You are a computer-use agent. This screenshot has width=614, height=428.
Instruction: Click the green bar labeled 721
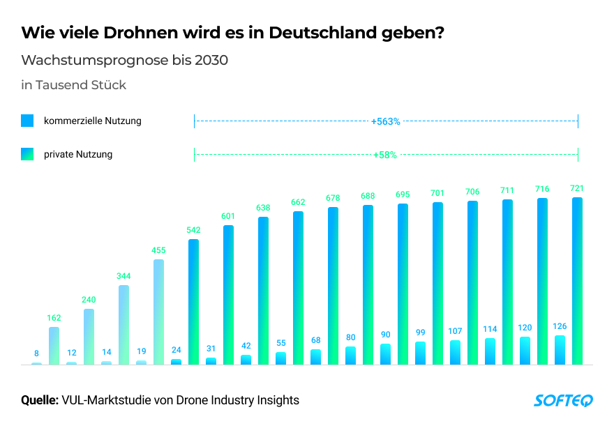[x=577, y=280]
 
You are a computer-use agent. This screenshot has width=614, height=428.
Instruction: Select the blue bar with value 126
[x=560, y=350]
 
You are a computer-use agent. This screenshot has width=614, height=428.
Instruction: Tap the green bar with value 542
[x=193, y=301]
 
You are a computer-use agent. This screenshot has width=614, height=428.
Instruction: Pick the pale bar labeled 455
[x=158, y=312]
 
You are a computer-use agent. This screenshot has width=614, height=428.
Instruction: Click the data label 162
[x=54, y=318]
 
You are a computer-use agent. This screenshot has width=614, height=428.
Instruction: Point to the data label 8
[x=36, y=354]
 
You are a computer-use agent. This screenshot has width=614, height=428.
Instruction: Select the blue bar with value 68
[x=315, y=357]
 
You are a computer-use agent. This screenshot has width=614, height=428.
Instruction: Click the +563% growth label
[x=386, y=121]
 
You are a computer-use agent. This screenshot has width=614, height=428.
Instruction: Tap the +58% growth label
[x=385, y=155]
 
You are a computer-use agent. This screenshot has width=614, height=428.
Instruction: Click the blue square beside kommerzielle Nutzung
[x=27, y=121]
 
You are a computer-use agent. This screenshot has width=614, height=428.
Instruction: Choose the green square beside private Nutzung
[x=27, y=154]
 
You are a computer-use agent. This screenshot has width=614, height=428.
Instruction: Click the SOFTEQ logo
[x=563, y=400]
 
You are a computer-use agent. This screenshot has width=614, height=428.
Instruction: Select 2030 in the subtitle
[x=212, y=60]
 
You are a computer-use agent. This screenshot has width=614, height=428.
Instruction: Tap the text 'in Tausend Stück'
[x=73, y=85]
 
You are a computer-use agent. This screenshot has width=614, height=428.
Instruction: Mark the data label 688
[x=368, y=197]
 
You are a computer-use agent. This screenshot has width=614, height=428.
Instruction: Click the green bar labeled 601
[x=228, y=294]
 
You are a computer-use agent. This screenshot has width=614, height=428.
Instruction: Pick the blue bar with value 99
[x=420, y=353]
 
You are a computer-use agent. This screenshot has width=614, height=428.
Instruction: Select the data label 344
[x=123, y=276]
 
